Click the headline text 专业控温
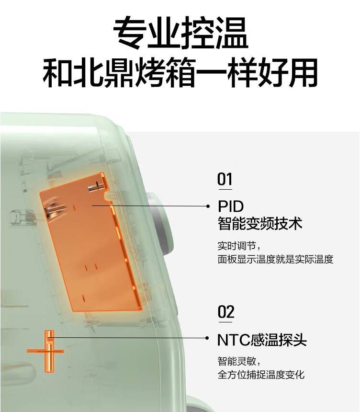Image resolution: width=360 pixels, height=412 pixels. point(180,33)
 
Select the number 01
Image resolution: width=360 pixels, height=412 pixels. point(225,180)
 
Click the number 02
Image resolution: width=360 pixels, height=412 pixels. point(225,312)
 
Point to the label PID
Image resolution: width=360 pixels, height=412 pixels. point(231,206)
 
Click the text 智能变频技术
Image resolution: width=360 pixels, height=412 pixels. point(260,224)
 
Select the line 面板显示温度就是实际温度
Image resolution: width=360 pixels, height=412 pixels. point(275,260)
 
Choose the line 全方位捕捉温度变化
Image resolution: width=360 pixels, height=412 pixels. point(261,374)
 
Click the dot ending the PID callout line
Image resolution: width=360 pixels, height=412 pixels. point(208,206)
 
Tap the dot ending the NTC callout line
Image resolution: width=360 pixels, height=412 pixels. point(207,338)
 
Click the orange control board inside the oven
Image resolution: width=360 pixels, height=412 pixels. point(91,244)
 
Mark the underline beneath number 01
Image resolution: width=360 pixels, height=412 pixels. point(225,190)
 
